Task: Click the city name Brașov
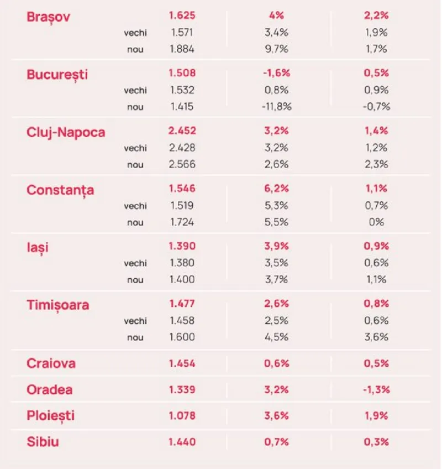pyautogui.click(x=48, y=16)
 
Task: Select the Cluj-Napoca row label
pyautogui.click(x=66, y=132)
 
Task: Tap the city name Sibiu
pyautogui.click(x=43, y=441)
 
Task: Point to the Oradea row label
pyautogui.click(x=50, y=389)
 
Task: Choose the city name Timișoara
pyautogui.click(x=57, y=304)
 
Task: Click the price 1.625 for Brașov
pyautogui.click(x=182, y=15)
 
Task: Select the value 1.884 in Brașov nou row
pyautogui.click(x=182, y=49)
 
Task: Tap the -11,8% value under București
pyautogui.click(x=276, y=107)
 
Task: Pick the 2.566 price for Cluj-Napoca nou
pyautogui.click(x=182, y=164)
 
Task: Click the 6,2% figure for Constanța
pyautogui.click(x=276, y=189)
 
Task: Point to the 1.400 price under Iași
pyautogui.click(x=182, y=280)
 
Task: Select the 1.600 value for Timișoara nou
pyautogui.click(x=182, y=337)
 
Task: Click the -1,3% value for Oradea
pyautogui.click(x=376, y=389)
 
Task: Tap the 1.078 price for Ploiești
pyautogui.click(x=182, y=415)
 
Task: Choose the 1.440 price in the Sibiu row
pyautogui.click(x=182, y=441)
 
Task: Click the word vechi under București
pyautogui.click(x=135, y=90)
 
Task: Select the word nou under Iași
pyautogui.click(x=135, y=280)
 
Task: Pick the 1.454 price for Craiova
pyautogui.click(x=182, y=363)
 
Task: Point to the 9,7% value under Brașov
pyautogui.click(x=276, y=49)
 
